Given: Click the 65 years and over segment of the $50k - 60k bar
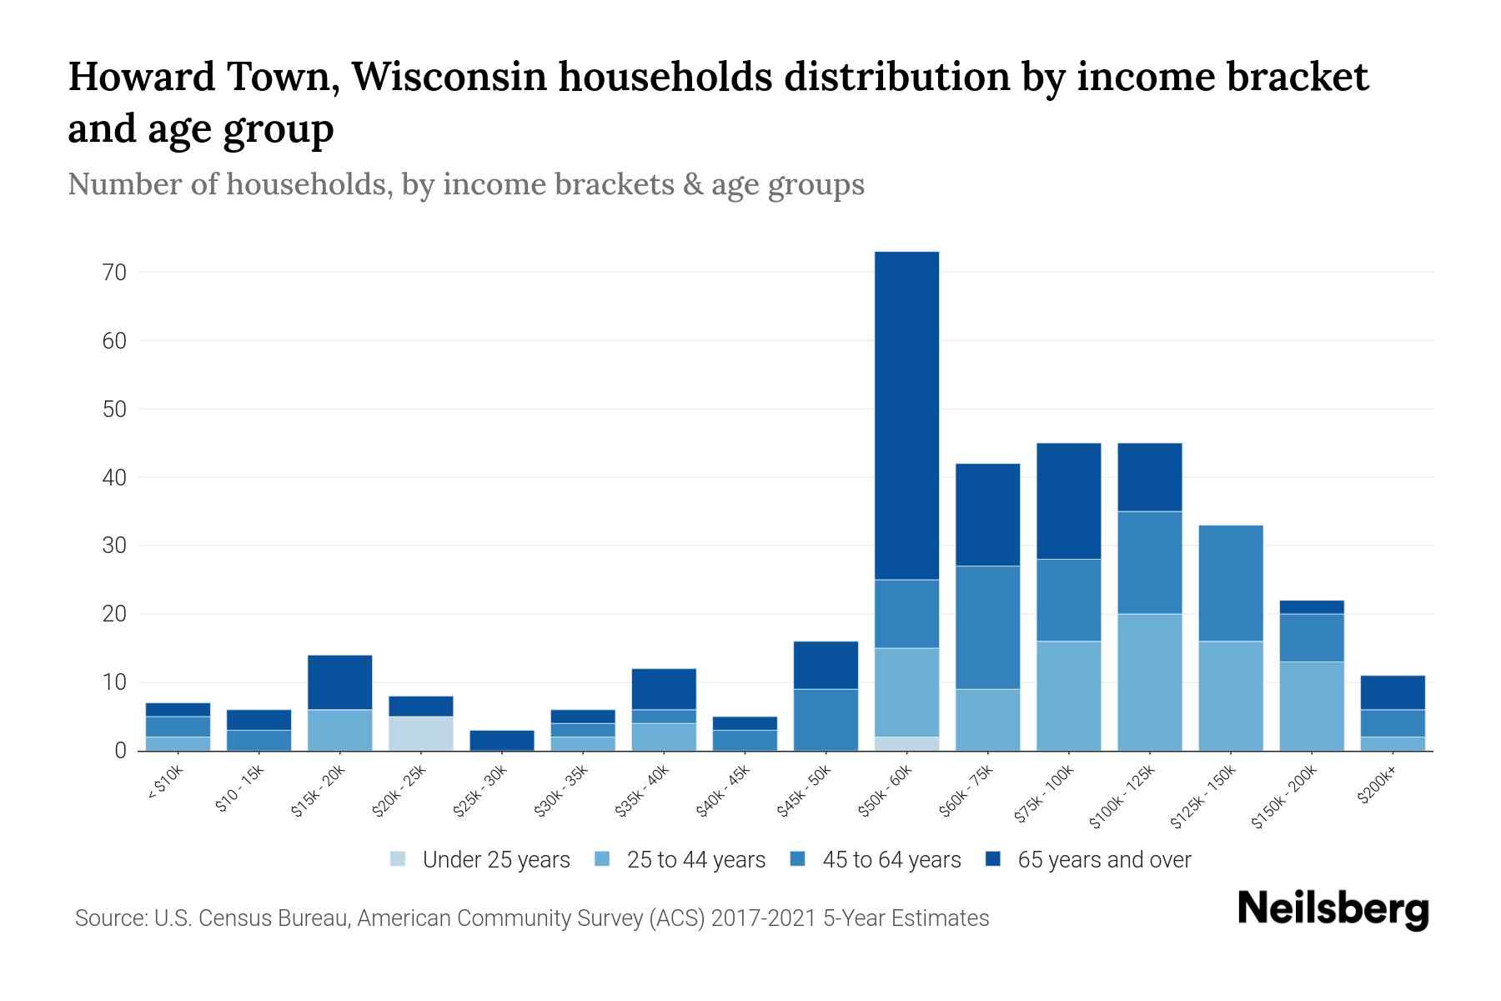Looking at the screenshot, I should click(906, 415).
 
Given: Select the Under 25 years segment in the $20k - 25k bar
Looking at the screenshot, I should click(421, 733).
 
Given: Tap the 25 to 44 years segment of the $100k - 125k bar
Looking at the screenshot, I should click(1150, 682).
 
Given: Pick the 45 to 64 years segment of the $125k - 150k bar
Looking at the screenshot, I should click(1231, 582).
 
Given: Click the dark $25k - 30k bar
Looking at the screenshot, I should click(502, 740).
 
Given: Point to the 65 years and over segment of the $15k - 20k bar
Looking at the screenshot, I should click(340, 682).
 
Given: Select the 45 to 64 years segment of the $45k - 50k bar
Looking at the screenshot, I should click(826, 719).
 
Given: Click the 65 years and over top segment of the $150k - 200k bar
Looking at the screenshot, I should click(1312, 606).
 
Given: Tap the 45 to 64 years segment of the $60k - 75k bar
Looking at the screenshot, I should click(987, 627).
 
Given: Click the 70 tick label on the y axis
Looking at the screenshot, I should click(114, 273).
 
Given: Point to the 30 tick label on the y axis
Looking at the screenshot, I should click(114, 546).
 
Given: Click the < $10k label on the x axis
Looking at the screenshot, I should click(165, 783).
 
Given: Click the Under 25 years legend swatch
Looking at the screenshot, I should click(398, 859).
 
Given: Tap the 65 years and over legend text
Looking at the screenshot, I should click(1103, 859).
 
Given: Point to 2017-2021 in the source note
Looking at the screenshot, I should click(764, 918).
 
